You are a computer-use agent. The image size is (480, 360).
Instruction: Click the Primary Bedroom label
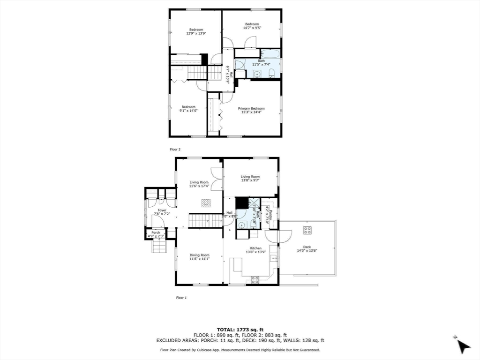coord(251,109)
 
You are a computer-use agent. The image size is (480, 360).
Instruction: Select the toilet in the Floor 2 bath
coord(271,72)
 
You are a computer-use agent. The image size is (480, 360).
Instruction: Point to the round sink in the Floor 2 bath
coord(256,73)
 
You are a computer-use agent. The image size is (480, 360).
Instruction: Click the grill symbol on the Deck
coord(307,230)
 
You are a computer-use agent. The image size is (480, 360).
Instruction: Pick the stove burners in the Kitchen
coord(255,280)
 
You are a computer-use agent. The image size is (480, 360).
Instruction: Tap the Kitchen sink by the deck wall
coord(275,257)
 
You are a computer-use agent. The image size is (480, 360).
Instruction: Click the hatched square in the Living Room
coord(207,202)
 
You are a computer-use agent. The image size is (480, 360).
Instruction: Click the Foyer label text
coord(162,210)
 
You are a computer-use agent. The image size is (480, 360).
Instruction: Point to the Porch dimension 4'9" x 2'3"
coord(157,236)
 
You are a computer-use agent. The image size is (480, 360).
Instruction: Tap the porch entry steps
coord(159,247)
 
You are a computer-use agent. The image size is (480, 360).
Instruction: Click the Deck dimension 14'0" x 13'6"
coord(307,251)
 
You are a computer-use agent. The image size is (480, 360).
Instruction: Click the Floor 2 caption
coord(175,149)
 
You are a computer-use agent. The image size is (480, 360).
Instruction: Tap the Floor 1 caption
coord(181,297)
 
